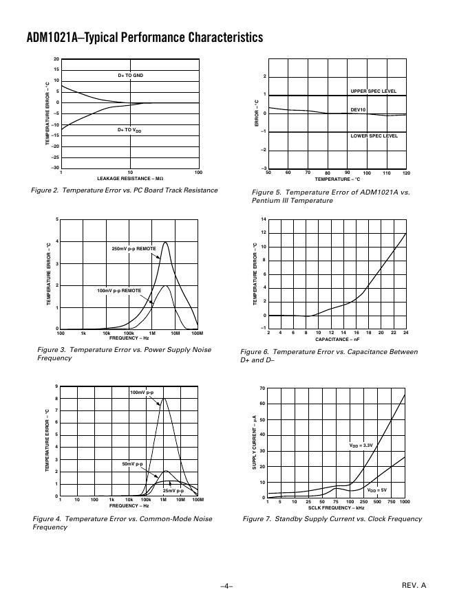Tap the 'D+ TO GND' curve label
[130, 75]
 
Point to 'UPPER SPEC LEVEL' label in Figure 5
[374, 91]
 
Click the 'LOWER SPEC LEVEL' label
[374, 136]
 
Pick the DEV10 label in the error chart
[359, 109]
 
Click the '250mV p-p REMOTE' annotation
[134, 248]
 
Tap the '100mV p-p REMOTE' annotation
[119, 291]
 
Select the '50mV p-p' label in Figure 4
[132, 464]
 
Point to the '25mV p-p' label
[173, 491]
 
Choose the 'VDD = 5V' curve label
[377, 490]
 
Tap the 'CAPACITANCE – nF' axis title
[337, 340]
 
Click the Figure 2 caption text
[125, 190]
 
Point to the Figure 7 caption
[332, 519]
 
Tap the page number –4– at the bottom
[226, 586]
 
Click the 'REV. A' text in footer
[414, 585]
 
